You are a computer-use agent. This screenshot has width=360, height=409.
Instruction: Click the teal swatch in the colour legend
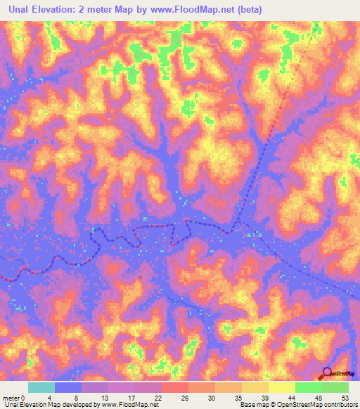41,387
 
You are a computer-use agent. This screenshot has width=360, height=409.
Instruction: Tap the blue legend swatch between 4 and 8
68,387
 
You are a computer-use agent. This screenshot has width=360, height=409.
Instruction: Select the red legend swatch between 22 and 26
175,387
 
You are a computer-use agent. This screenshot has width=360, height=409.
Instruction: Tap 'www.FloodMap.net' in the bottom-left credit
130,405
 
